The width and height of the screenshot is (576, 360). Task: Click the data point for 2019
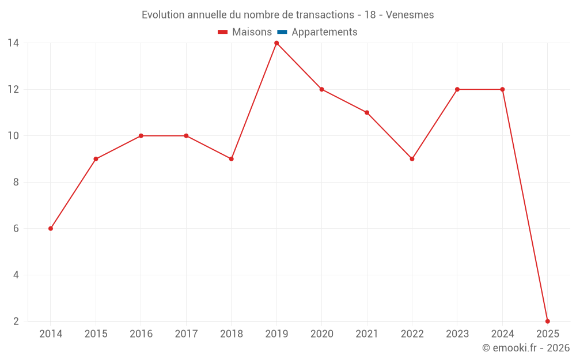point(276,43)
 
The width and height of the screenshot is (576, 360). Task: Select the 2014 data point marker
point(51,229)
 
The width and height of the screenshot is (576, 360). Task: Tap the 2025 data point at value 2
point(547,321)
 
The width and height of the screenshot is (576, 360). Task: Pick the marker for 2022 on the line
point(412,159)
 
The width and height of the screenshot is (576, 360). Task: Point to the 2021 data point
point(367,112)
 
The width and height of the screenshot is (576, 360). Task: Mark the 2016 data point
point(141,136)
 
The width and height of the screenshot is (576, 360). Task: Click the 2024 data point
point(502,89)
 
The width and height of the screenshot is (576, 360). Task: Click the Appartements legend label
point(324,32)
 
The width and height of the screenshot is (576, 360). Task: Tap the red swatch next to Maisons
point(223,32)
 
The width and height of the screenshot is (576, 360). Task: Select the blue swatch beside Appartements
point(282,32)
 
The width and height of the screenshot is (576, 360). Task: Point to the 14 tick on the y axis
point(13,43)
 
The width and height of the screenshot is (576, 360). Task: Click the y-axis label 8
point(16,182)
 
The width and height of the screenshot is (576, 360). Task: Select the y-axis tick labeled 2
point(16,321)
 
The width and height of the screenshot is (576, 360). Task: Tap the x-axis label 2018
point(231,334)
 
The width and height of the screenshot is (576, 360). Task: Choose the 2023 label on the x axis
point(457,334)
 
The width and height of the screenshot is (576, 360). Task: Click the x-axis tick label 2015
point(96,334)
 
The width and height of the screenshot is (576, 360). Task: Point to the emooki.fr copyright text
point(525,348)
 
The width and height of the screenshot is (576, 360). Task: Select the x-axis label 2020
point(321,334)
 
